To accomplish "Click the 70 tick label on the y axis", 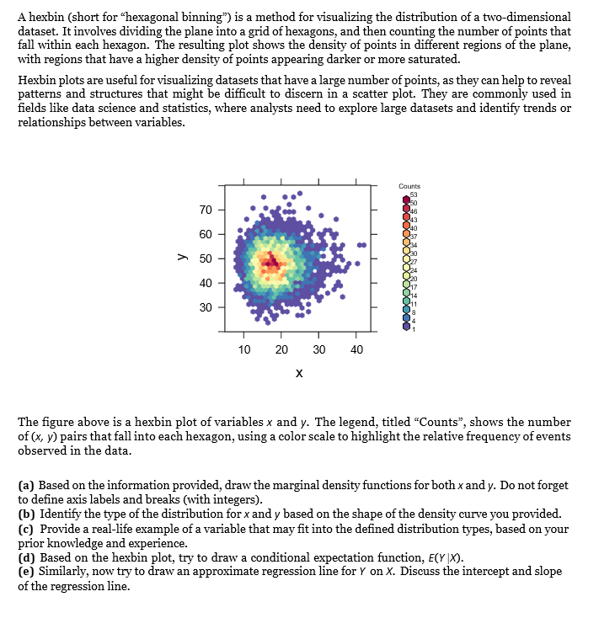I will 205,209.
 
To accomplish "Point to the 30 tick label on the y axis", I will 205,307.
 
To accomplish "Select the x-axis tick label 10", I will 244,349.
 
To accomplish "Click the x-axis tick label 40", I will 356,349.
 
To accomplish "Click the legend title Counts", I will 410,187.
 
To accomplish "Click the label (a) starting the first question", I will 26,486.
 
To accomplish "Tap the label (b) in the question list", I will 27,514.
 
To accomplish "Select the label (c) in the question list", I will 26,528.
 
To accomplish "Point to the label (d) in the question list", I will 27,557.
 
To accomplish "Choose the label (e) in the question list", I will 26,572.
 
